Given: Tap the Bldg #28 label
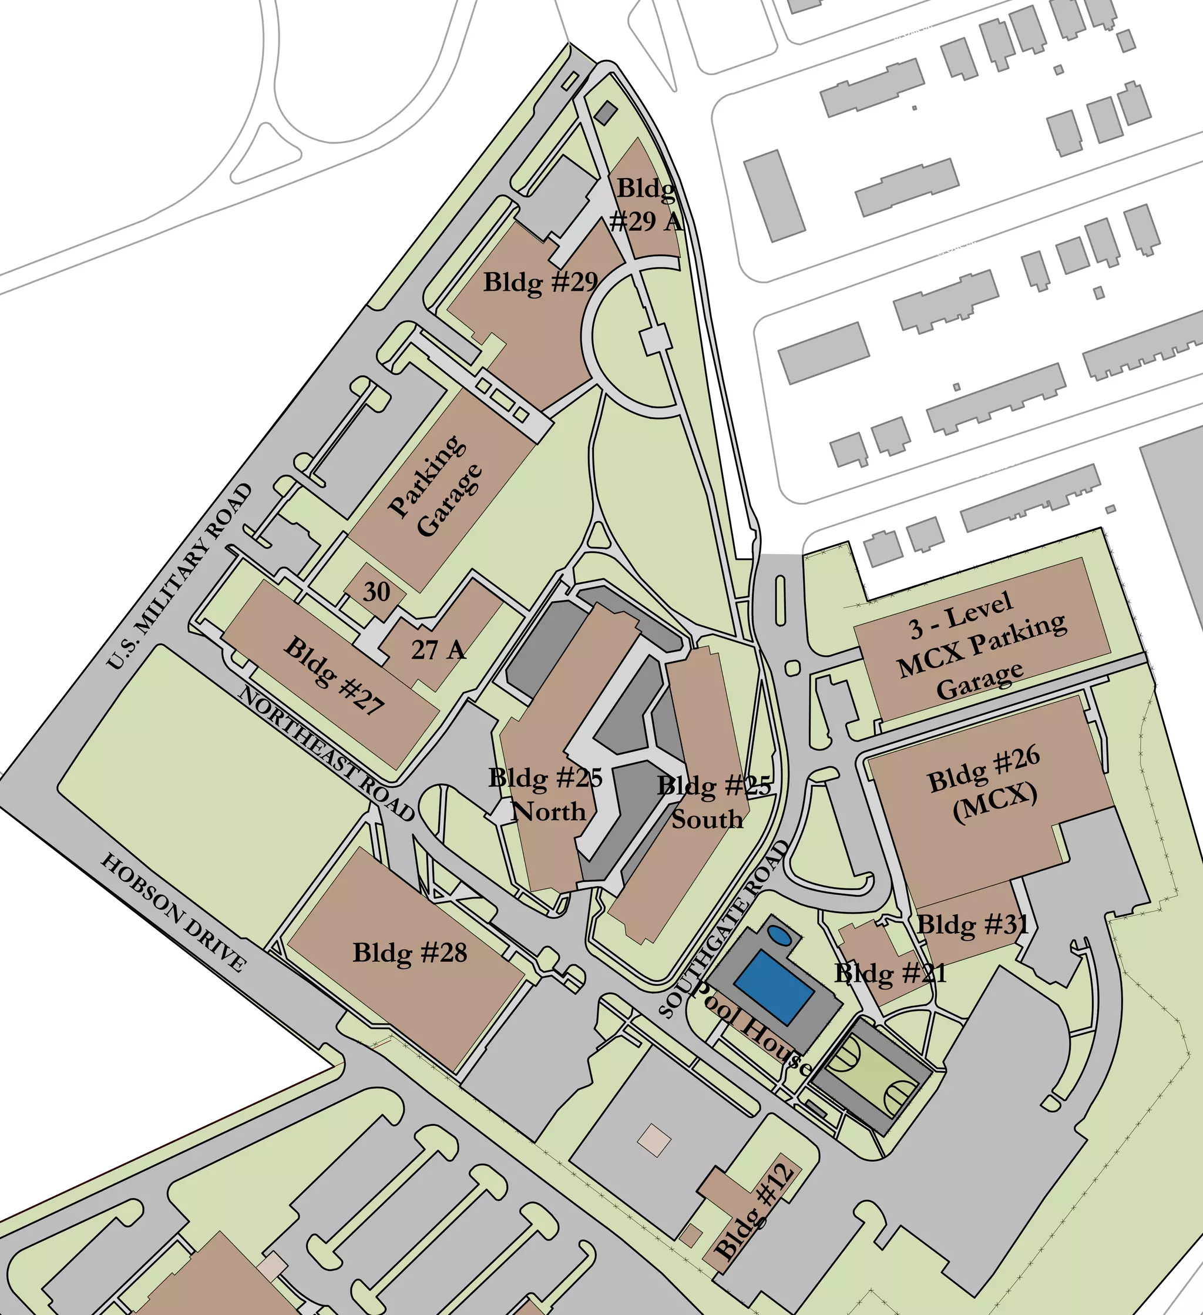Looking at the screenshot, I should [x=410, y=953].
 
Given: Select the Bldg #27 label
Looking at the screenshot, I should [x=334, y=676].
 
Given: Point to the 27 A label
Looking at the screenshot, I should [x=438, y=650].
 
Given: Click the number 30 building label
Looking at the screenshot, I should [x=376, y=592].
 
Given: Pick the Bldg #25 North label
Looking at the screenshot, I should [x=546, y=794].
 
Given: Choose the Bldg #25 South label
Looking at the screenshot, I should [x=713, y=802].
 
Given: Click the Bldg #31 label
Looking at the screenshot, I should [x=973, y=924].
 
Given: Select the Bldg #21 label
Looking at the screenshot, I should [x=890, y=973].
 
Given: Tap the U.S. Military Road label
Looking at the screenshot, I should [x=179, y=576].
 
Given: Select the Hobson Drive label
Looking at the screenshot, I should [x=173, y=912].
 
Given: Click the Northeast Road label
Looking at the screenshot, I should [x=326, y=753].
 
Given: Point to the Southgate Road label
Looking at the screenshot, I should [x=724, y=929].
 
